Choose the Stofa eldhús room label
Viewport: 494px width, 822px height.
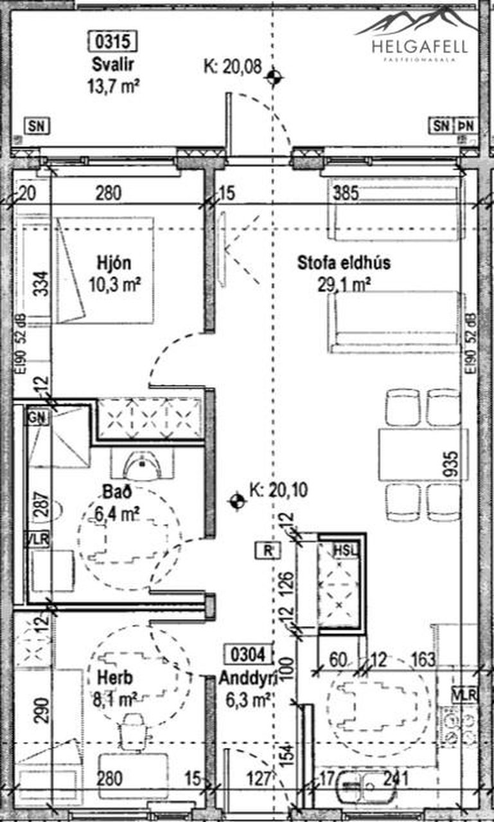tap(344, 263)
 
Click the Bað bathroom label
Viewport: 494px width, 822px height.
tap(116, 493)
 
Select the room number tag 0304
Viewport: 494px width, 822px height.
tap(244, 654)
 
